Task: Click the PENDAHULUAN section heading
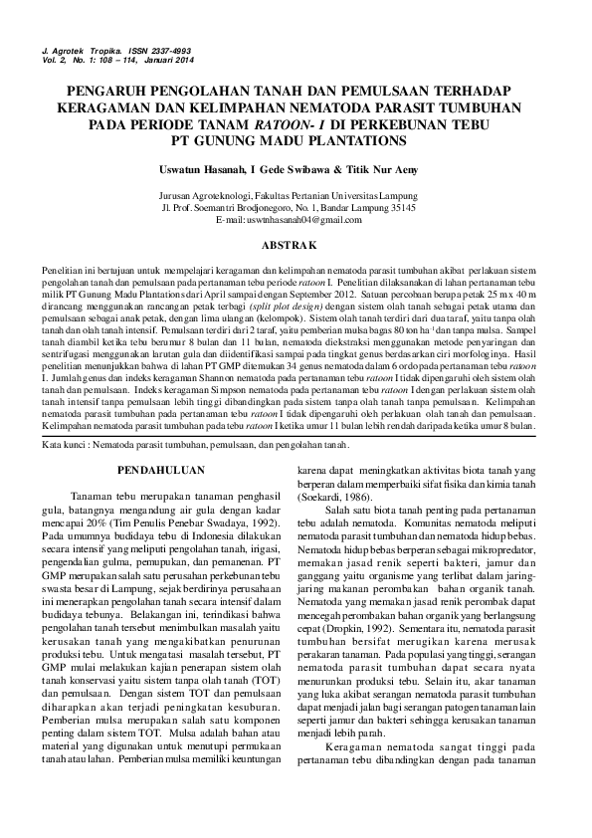tap(161, 468)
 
